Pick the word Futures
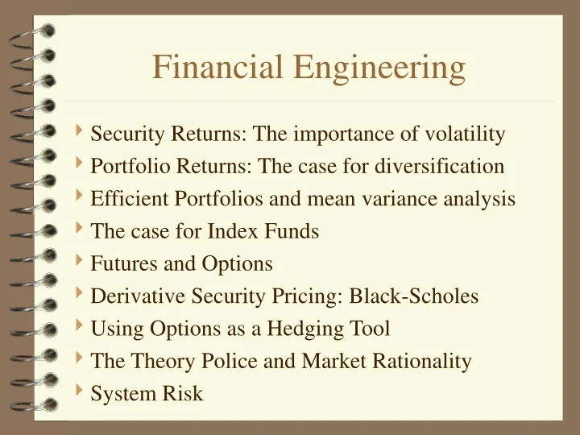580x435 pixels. (x=120, y=263)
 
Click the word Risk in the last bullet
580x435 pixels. (x=185, y=393)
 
